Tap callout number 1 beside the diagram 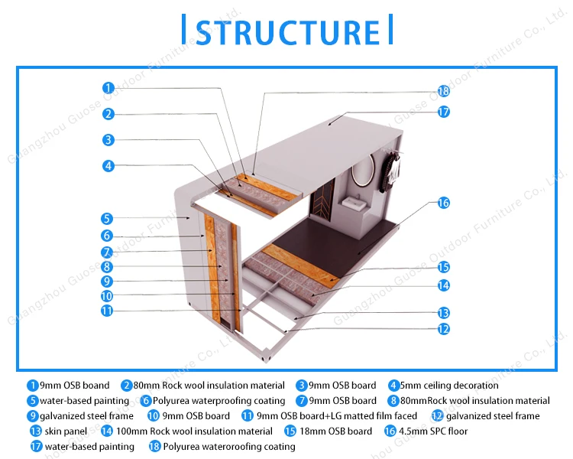(108, 88)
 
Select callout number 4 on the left (108, 165)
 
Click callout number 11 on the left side (107, 311)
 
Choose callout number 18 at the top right (443, 91)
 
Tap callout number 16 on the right (443, 203)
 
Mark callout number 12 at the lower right (443, 329)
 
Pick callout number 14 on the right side (443, 285)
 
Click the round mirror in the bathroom (364, 169)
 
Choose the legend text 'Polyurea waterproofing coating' (219, 401)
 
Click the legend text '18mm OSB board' (335, 431)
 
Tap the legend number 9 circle (33, 416)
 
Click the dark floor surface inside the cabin (344, 237)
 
